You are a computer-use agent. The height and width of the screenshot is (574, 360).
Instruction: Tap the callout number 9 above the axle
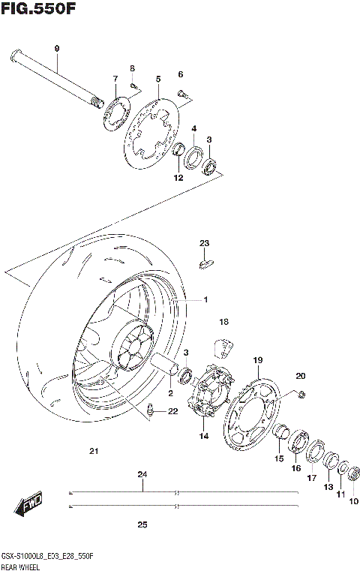click(x=56, y=49)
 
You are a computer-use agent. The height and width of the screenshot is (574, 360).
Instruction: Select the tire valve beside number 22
click(x=151, y=409)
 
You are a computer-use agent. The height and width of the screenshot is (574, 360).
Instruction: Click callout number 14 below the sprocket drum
click(x=202, y=436)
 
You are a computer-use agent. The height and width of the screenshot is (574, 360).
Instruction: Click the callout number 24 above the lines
click(x=142, y=475)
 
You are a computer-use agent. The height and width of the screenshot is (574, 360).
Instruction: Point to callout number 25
click(x=142, y=524)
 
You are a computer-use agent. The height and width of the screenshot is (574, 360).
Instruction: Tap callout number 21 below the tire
click(x=94, y=451)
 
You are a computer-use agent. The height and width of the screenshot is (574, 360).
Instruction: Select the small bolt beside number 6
click(x=183, y=93)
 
